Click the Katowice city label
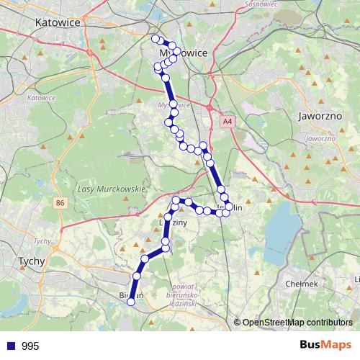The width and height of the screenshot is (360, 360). [57, 22]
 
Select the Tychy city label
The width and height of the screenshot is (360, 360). [31, 261]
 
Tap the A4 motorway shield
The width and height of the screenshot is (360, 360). [228, 122]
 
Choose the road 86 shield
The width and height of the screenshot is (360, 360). [59, 204]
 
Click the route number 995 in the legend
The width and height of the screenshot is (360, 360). [30, 346]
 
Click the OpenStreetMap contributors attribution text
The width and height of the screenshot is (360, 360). [297, 323]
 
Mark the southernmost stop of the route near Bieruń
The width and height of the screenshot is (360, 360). [131, 302]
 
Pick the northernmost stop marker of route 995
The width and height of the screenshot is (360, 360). [156, 38]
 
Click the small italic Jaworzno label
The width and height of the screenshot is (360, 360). [320, 138]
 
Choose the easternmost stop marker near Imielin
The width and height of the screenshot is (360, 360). [230, 207]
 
